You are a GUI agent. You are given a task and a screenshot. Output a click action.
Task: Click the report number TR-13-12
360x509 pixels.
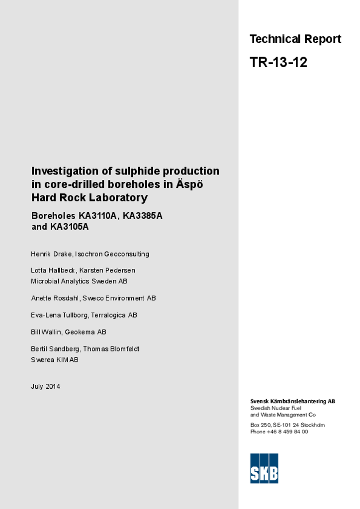pyautogui.click(x=278, y=63)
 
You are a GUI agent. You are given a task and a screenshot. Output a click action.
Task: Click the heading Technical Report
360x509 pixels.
pyautogui.click(x=295, y=39)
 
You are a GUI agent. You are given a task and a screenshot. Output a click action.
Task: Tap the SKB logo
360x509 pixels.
pyautogui.click(x=264, y=468)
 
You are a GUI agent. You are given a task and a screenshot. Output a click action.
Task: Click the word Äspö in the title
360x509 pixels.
pyautogui.click(x=189, y=184)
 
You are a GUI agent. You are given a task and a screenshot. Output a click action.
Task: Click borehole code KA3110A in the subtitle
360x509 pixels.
pyautogui.click(x=98, y=216)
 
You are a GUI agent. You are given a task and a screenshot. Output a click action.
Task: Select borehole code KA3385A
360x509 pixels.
pyautogui.click(x=143, y=216)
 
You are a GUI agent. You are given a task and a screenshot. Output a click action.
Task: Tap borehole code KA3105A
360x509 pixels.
pyautogui.click(x=69, y=227)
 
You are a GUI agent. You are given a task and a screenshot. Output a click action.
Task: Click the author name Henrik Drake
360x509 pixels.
pyautogui.click(x=52, y=254)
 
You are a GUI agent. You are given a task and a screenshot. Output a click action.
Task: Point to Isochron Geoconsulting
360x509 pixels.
pyautogui.click(x=112, y=254)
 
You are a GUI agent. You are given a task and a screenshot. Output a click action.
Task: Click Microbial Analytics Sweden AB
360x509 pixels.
pyautogui.click(x=79, y=281)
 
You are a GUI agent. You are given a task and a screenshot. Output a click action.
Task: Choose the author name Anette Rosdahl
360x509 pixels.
pyautogui.click(x=54, y=298)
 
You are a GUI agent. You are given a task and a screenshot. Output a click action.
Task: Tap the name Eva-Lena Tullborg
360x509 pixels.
pyautogui.click(x=59, y=315)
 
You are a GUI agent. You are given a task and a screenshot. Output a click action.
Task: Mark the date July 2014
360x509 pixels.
pyautogui.click(x=46, y=387)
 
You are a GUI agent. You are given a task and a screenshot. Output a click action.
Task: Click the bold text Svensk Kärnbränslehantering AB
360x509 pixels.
pyautogui.click(x=292, y=401)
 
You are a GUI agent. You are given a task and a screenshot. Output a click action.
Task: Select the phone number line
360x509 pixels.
pyautogui.click(x=279, y=432)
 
